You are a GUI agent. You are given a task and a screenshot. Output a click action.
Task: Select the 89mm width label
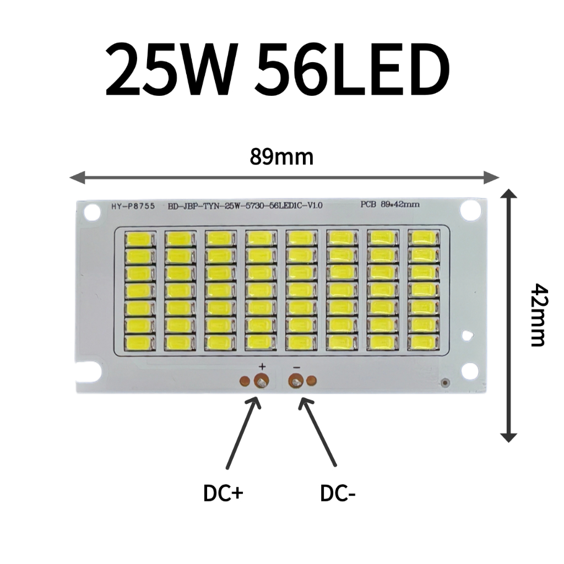pos(281,157)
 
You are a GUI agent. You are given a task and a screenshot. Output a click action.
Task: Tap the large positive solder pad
pos(261,381)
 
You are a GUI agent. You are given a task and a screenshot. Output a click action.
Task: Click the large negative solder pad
pos(296,381)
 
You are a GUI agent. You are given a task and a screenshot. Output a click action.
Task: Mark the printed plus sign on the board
pos(262,366)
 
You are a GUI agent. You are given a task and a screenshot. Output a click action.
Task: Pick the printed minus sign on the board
pos(296,366)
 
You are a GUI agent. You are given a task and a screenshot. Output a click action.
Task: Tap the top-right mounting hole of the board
pos(471,209)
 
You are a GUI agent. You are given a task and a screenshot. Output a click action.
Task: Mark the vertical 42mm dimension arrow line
pos(509,314)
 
